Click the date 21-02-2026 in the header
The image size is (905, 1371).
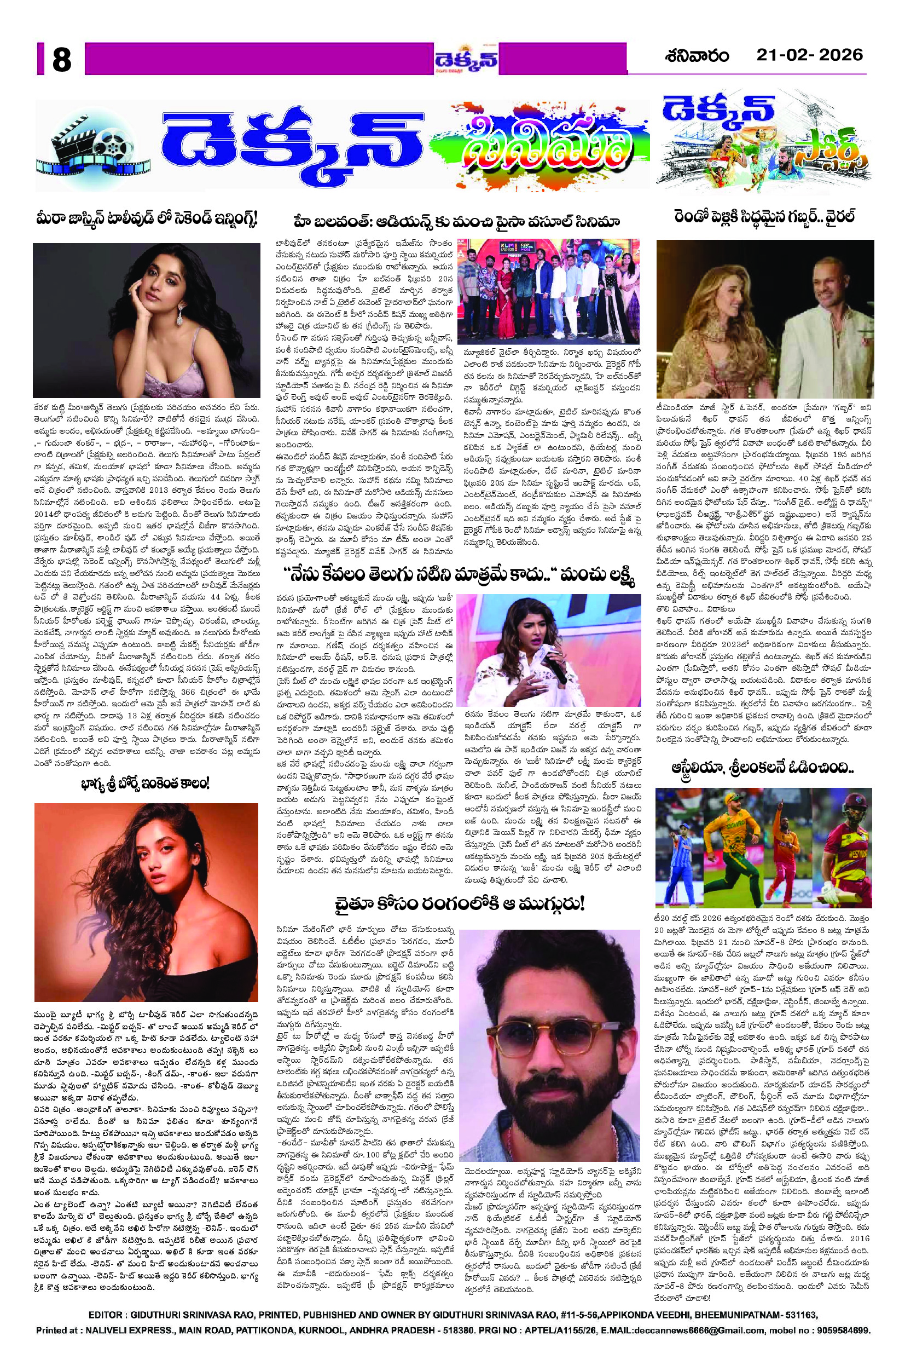(809, 55)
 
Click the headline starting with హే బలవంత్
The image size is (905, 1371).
(456, 221)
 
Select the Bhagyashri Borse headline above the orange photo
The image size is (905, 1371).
(147, 784)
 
